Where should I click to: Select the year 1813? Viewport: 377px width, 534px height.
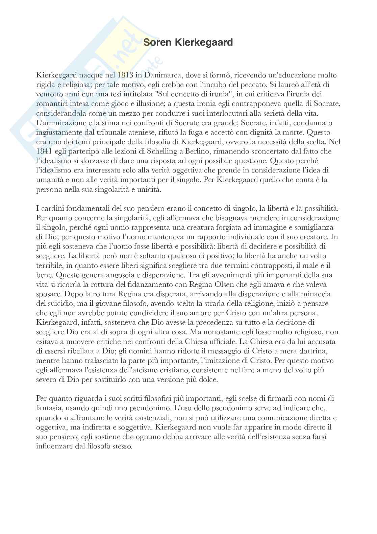(125, 75)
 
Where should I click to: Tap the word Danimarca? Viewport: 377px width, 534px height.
(160, 75)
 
